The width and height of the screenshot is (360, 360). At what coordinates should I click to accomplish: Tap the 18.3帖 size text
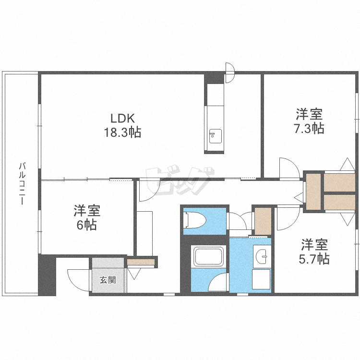(x=123, y=132)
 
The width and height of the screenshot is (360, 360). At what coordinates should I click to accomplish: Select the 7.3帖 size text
(x=309, y=129)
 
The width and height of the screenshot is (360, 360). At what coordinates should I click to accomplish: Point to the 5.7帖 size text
(x=315, y=259)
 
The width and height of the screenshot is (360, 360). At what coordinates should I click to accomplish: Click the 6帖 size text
(x=87, y=225)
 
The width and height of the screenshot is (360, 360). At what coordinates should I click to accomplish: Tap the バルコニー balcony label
(x=21, y=184)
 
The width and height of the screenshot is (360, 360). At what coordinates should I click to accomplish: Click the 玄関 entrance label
(x=107, y=280)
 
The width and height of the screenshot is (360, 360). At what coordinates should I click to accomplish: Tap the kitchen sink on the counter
(x=214, y=135)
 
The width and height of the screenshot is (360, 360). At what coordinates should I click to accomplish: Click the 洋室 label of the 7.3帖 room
(x=309, y=114)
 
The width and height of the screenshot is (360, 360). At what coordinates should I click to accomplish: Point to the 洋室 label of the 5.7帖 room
(x=315, y=245)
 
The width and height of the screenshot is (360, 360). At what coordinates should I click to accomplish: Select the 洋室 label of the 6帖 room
(x=87, y=210)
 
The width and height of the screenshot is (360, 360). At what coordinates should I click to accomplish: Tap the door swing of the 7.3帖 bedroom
(x=289, y=168)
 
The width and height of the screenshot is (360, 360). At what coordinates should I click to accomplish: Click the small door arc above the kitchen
(x=229, y=73)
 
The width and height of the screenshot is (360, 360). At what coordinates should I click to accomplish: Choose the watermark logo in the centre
(x=180, y=180)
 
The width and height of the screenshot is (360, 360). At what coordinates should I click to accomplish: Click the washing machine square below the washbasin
(x=262, y=279)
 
